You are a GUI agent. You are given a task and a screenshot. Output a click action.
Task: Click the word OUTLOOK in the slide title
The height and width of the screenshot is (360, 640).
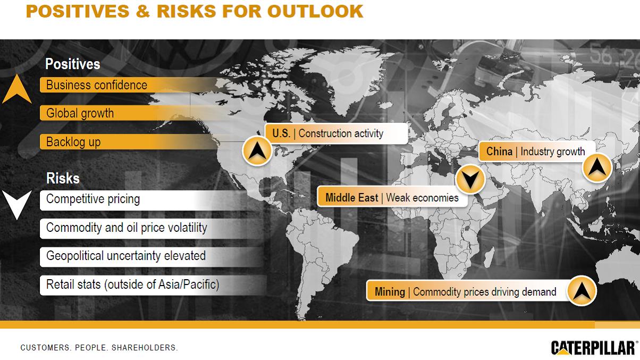(x=315, y=11)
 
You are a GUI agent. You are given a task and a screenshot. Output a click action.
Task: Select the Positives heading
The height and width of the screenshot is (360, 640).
(x=73, y=64)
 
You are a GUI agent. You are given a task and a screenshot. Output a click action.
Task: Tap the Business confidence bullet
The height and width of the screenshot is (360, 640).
(x=97, y=85)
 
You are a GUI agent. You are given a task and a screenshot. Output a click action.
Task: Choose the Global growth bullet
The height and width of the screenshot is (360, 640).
(x=80, y=113)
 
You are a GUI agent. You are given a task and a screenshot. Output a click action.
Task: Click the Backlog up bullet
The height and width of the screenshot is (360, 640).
(x=73, y=142)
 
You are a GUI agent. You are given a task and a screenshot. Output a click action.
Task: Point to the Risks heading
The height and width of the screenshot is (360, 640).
(x=63, y=178)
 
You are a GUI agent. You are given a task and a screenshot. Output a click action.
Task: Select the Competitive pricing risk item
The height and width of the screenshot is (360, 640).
(x=93, y=199)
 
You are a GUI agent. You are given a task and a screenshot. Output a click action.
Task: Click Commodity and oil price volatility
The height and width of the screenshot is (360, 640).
(x=127, y=228)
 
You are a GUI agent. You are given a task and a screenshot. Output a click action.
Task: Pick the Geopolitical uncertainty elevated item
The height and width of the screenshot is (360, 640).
(x=126, y=256)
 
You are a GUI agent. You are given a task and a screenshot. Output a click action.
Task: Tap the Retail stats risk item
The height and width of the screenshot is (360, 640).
(x=132, y=284)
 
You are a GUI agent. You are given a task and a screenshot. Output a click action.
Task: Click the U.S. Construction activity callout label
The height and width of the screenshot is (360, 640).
(x=336, y=133)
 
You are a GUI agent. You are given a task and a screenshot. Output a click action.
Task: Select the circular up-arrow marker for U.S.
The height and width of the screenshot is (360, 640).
(x=257, y=150)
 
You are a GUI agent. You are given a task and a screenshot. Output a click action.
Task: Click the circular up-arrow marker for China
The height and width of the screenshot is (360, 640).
(x=597, y=168)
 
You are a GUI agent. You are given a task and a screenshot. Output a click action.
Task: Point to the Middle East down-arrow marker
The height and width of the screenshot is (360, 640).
(x=470, y=179)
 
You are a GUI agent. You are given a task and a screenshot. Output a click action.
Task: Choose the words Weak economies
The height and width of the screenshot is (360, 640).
(x=422, y=198)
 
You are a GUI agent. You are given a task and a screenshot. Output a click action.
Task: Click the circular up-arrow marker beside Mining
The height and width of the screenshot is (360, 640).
(x=582, y=291)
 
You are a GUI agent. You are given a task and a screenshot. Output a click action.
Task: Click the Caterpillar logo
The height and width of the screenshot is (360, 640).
(x=594, y=348)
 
